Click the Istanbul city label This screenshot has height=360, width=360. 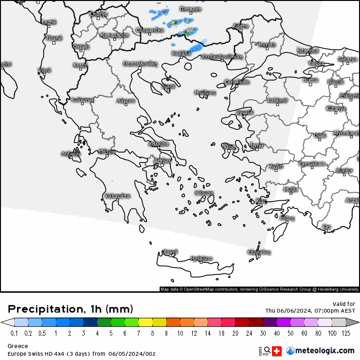[307, 51]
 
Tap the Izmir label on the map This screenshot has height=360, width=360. [257, 145]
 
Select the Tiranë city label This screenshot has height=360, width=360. [54, 38]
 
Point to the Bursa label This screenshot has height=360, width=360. [310, 80]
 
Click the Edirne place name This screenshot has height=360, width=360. [241, 26]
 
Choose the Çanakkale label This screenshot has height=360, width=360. [236, 82]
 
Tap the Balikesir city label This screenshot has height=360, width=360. [278, 100]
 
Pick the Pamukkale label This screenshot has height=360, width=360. [312, 164]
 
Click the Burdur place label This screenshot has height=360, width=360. [344, 170]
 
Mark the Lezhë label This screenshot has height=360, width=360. [49, 22]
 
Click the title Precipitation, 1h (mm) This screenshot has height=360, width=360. [71, 309]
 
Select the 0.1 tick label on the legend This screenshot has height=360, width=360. [14, 333]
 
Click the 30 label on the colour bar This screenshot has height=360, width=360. [262, 333]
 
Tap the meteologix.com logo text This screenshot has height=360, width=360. [324, 351]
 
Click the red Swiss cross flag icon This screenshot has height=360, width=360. [277, 351]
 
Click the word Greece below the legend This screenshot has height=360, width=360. [18, 346]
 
